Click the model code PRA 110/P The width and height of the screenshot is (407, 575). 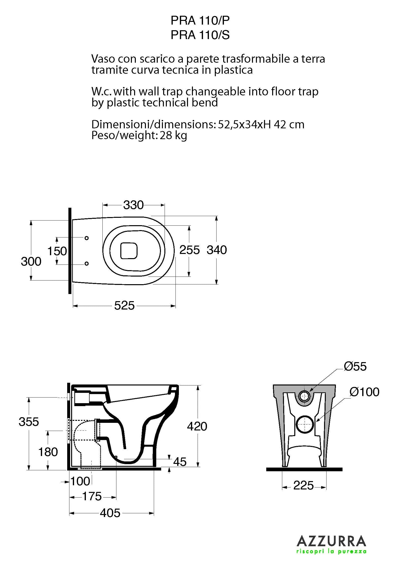200,21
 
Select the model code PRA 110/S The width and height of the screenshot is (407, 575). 200,35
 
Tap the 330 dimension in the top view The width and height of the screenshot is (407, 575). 133,205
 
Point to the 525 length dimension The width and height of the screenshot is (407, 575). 124,306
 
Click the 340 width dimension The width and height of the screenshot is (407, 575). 217,250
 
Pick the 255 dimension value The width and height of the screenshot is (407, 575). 189,250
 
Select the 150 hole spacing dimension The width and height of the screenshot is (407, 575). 57,251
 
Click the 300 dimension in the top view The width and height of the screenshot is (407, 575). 31,262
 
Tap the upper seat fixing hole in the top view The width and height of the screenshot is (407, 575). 87,238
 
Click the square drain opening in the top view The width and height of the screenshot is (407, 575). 129,251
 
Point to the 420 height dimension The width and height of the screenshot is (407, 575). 197,426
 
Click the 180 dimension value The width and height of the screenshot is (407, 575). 48,452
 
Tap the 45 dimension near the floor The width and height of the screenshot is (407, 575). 180,462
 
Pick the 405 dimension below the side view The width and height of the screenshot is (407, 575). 110,513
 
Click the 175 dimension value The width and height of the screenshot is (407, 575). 92,496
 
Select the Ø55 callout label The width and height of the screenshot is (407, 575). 355,366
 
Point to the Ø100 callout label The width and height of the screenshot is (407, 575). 365,392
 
